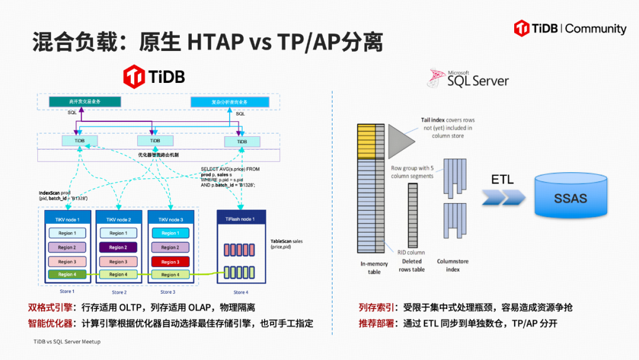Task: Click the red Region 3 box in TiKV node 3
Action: point(170,261)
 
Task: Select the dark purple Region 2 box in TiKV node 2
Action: point(118,247)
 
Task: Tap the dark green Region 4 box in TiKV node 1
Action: point(67,274)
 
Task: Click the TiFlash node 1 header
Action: point(241,219)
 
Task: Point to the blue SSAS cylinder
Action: point(570,197)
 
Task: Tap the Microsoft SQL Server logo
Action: point(468,78)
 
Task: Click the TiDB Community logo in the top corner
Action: point(570,28)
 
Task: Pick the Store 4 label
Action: point(240,292)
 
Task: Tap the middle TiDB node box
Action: point(155,141)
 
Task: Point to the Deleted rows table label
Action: point(413,265)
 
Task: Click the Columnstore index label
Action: point(453,265)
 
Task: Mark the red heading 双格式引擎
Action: point(50,308)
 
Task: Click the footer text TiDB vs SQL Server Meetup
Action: point(67,342)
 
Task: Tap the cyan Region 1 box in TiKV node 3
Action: point(170,233)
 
